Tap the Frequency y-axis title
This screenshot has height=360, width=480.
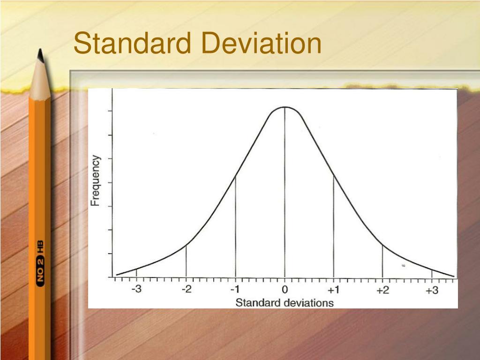(96, 181)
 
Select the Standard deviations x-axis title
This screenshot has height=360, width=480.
(285, 302)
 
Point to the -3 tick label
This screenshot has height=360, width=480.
(136, 290)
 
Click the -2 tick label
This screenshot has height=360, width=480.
(186, 290)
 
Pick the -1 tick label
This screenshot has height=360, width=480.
(235, 290)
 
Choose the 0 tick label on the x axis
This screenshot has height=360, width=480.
(285, 290)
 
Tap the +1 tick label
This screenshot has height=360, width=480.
(333, 290)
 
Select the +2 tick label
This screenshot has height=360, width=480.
(382, 290)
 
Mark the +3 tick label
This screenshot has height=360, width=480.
(432, 290)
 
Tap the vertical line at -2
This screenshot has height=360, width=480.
(186, 261)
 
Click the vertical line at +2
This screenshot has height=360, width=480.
(382, 261)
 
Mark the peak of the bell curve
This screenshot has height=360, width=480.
(285, 107)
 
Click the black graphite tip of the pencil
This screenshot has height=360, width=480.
(40, 56)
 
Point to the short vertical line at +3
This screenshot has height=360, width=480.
(432, 273)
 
